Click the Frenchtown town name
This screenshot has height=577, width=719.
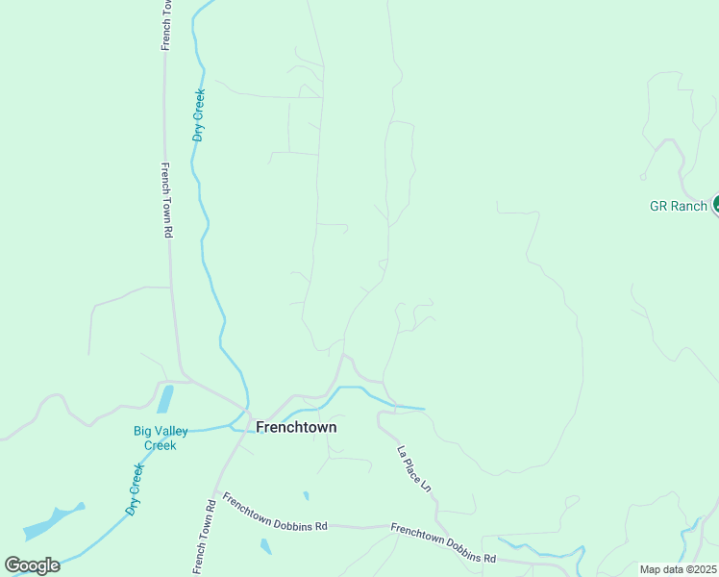point(296,426)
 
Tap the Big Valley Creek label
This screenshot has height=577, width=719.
point(161,438)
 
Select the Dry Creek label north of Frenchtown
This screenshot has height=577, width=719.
point(200,115)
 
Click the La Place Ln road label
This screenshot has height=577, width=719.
point(414,469)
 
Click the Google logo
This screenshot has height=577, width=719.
point(32,565)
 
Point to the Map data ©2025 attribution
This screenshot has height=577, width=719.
point(678,569)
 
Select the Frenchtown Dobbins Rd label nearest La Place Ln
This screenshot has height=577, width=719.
point(443,542)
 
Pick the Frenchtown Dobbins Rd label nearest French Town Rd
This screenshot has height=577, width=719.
point(275,512)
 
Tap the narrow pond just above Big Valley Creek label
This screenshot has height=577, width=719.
point(164,399)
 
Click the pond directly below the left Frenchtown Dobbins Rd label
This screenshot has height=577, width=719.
point(265,546)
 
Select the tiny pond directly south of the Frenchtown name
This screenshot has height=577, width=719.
point(306,496)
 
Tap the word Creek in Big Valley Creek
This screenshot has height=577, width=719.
point(161,444)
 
